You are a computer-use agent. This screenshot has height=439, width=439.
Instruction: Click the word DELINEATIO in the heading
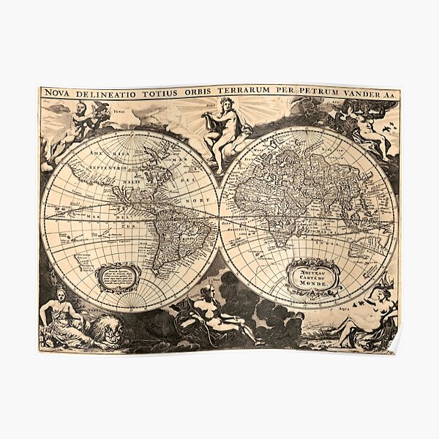tap(108, 92)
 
